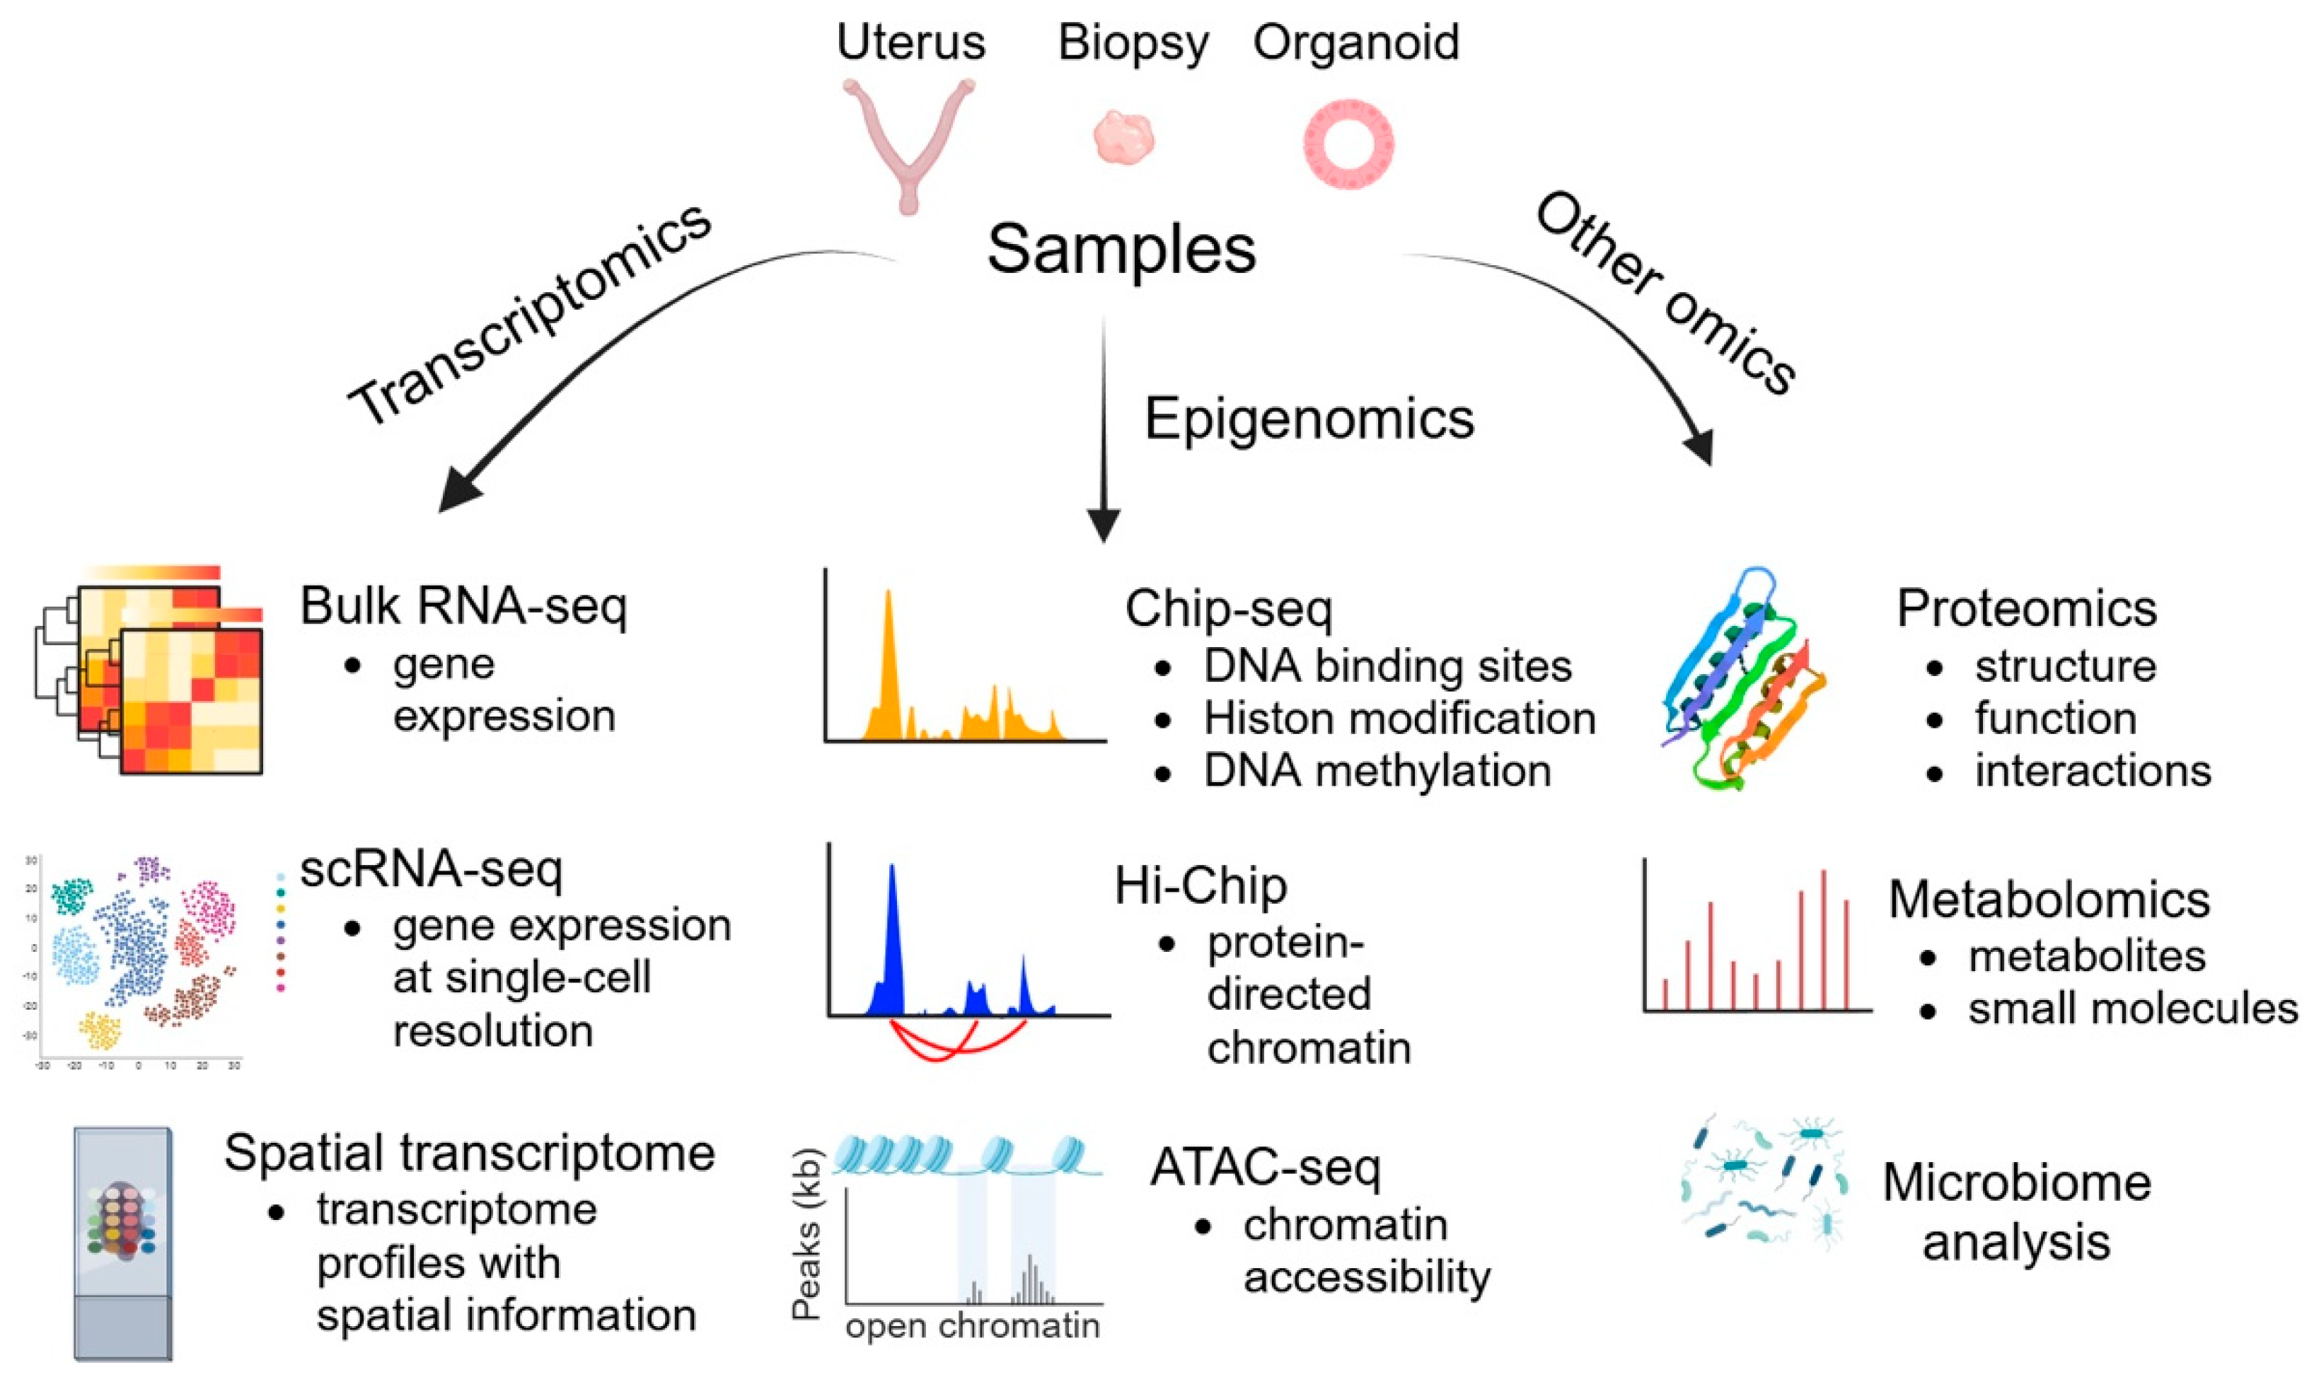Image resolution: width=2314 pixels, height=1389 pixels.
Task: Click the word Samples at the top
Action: (1121, 249)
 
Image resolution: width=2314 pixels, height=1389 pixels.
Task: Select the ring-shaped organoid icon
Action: (1348, 145)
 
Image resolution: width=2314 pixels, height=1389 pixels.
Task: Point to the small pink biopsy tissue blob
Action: (1123, 139)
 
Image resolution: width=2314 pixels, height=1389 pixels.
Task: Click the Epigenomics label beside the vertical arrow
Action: (1309, 419)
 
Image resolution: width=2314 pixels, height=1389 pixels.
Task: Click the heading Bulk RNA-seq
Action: (463, 607)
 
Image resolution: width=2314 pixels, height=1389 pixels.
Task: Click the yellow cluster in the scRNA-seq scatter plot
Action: (100, 1030)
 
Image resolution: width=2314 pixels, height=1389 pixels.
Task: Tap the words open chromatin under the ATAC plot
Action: (972, 1326)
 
